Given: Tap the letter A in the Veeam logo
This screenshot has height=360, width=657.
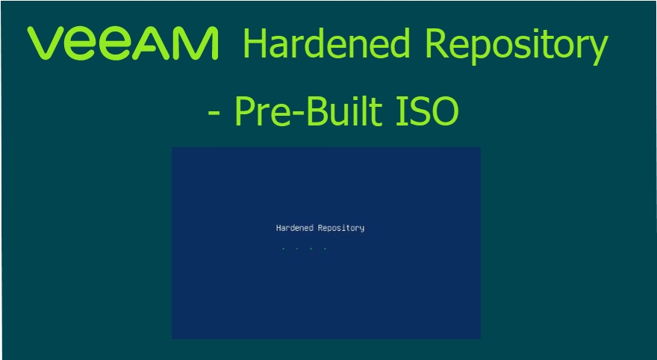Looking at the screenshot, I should tap(160, 44).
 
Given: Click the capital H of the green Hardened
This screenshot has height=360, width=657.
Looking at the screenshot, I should tap(255, 45).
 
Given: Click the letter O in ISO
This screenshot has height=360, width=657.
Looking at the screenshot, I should tap(444, 113).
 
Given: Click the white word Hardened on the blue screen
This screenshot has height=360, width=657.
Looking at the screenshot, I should tap(295, 228).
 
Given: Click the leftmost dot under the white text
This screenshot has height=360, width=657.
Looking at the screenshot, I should tap(283, 249).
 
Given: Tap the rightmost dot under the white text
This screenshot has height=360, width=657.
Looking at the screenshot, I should tap(325, 249).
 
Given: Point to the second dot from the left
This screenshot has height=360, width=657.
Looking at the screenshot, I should tap(297, 249).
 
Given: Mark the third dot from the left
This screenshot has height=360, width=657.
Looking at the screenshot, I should tap(311, 249).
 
